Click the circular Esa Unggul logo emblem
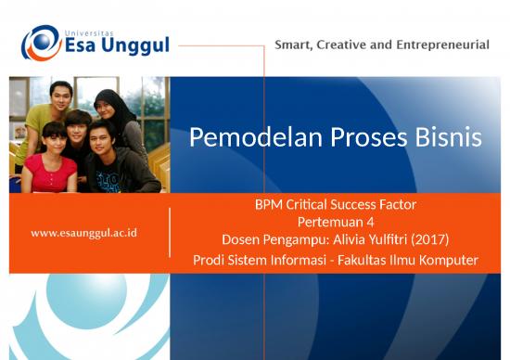coord(41,43)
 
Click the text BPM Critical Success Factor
coord(336,205)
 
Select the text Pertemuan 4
coord(336,222)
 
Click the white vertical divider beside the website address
coord(170,232)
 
